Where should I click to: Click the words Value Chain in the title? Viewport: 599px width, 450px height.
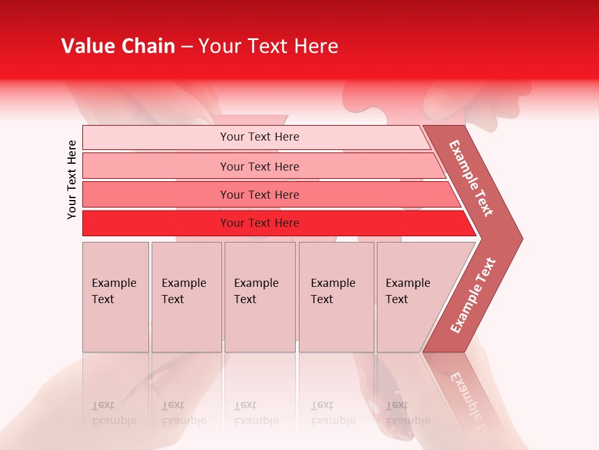coord(118,46)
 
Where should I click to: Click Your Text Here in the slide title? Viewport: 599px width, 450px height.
coord(268,46)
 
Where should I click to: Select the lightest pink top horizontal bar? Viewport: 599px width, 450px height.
coord(156,137)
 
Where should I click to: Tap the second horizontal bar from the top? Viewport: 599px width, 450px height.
coord(156,166)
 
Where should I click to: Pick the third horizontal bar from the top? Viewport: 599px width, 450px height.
coord(156,194)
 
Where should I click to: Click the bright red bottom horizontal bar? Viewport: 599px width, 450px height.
coord(156,223)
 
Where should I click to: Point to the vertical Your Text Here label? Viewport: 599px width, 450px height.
coord(72,179)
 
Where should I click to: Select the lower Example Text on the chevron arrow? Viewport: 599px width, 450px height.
coord(472,296)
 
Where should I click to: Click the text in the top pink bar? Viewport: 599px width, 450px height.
coord(260,137)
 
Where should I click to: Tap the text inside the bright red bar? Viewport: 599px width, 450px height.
coord(260,223)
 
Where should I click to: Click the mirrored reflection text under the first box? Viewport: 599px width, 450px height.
coord(114,413)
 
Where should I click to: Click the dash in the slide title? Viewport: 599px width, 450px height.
coord(187,47)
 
